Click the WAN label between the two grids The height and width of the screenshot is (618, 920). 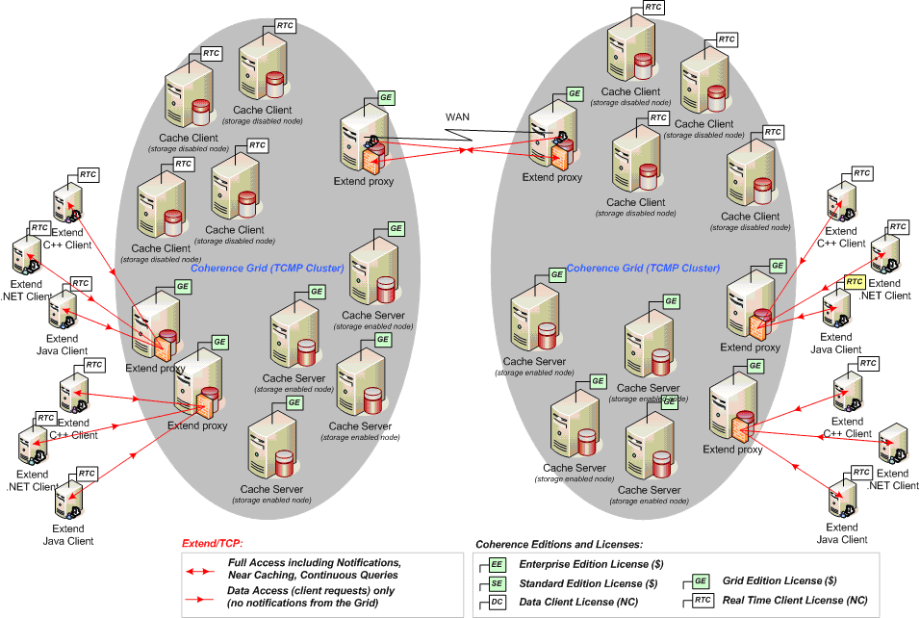(x=458, y=116)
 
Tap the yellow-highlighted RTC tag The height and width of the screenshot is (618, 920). (x=855, y=281)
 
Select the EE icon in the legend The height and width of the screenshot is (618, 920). (x=497, y=564)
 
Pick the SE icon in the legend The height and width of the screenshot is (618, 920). (x=497, y=582)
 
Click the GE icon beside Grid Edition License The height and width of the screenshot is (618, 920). (x=701, y=581)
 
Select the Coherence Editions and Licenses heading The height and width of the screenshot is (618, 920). (x=559, y=545)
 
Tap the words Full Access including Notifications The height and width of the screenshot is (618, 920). (x=314, y=562)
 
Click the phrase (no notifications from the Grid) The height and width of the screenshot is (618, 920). (x=301, y=604)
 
